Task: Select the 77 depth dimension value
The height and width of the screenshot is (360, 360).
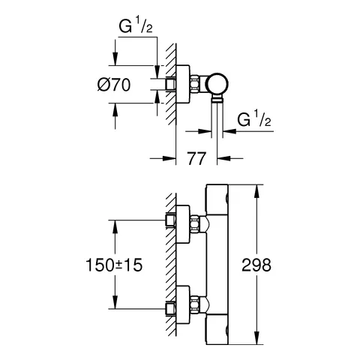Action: coord(196,158)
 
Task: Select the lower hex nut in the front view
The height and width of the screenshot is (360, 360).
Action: coord(196,305)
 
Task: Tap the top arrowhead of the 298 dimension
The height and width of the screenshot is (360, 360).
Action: coord(259,187)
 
